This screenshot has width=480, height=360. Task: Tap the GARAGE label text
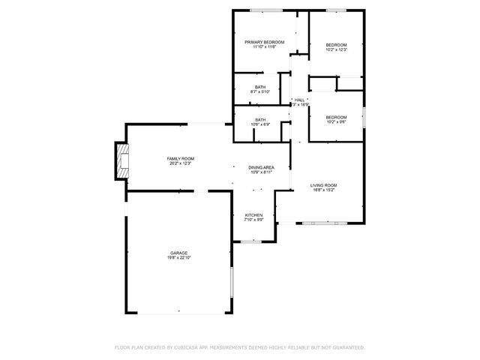[x=178, y=253]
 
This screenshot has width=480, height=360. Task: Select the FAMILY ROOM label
[x=180, y=158]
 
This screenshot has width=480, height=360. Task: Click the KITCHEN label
[x=253, y=215]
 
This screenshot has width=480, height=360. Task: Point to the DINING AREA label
[x=261, y=167]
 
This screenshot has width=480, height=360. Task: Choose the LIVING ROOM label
[x=324, y=185]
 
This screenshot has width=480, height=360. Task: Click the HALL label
[x=300, y=100]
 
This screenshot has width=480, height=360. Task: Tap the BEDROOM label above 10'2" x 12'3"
[x=336, y=45]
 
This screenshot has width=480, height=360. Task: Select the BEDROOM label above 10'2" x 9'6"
[x=336, y=117]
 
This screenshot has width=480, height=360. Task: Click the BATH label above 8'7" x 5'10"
[x=260, y=87]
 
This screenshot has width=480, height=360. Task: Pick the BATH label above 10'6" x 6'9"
[x=260, y=119]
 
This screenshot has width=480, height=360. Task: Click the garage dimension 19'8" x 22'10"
[x=178, y=258]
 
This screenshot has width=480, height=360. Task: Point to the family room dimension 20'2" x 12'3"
[x=180, y=163]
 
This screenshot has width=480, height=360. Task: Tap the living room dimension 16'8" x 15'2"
[x=324, y=190]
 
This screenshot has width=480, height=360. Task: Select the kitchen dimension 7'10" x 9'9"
[x=253, y=220]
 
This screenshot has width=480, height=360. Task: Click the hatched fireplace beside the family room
[x=120, y=161]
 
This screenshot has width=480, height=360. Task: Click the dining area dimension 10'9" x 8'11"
[x=261, y=172]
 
